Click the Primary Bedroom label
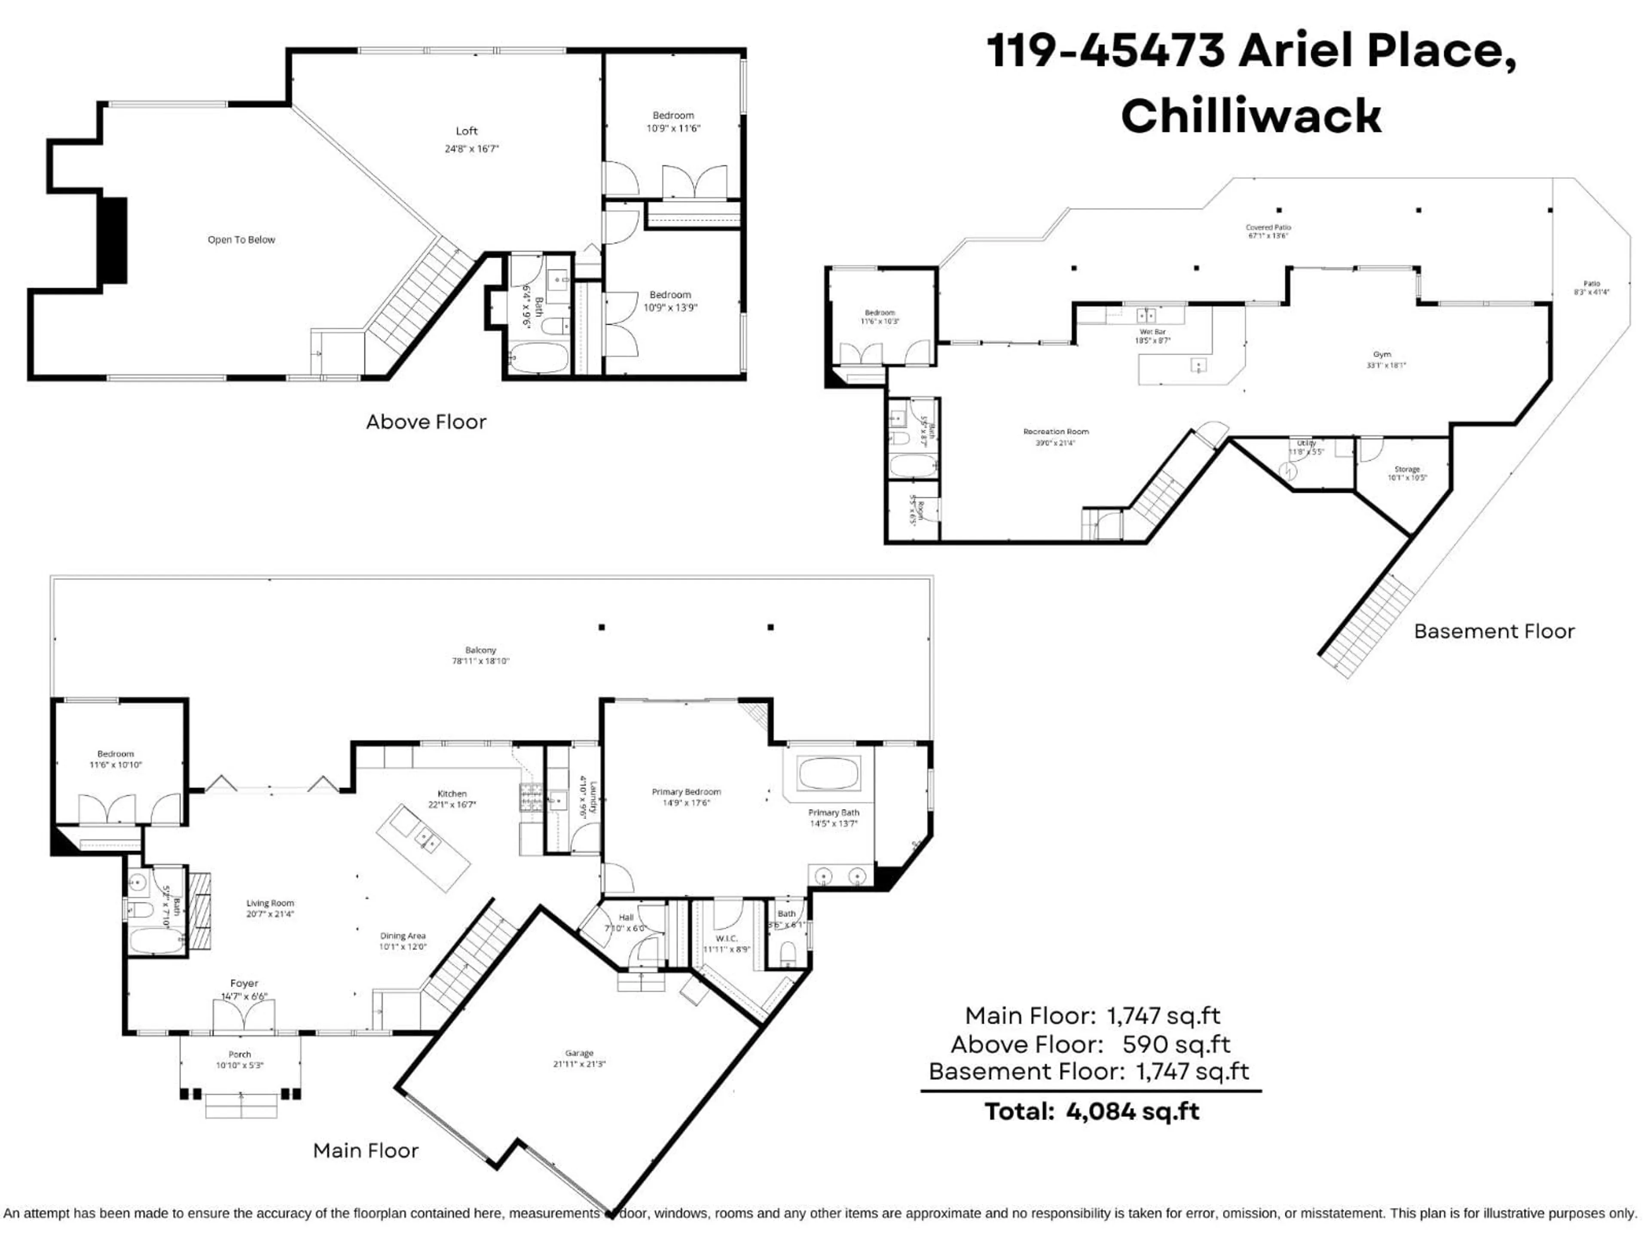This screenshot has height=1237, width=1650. pos(686,792)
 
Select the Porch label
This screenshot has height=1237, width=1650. pos(239,1054)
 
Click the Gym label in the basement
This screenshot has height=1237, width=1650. pos(1381,355)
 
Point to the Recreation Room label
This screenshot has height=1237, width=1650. pos(1055,432)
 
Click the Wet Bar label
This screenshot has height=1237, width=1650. pos(1152,332)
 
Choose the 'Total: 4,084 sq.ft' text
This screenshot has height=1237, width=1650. pos(1091,1112)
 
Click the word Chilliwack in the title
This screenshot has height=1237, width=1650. pos(1251,116)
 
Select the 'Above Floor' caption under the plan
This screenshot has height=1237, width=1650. pos(426,422)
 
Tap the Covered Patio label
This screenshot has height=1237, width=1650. pos(1268,227)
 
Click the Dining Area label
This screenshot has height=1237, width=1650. pos(403,936)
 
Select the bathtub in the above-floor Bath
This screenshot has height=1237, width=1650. pos(538,359)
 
